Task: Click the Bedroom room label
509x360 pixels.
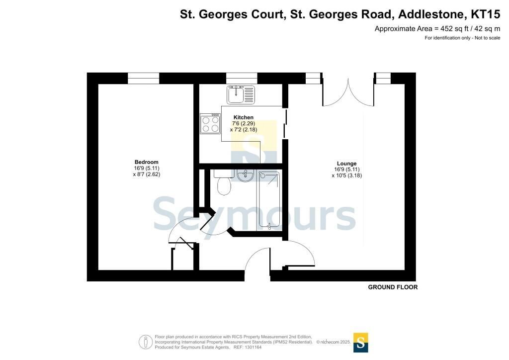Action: click(147, 162)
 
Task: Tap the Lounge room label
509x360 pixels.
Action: click(346, 164)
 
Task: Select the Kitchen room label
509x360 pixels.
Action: click(244, 117)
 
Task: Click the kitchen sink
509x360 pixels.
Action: click(241, 94)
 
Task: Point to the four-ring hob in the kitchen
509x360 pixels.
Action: click(210, 123)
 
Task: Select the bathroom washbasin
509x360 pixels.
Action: click(245, 176)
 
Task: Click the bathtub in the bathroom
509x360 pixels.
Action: click(268, 200)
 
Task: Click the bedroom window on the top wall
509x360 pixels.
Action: click(144, 78)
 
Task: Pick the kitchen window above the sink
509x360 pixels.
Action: click(242, 78)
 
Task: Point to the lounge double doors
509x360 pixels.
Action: click(348, 92)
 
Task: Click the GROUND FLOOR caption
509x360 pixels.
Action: click(393, 287)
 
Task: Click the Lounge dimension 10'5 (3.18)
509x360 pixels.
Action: click(346, 176)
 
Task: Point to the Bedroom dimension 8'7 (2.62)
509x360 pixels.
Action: click(147, 174)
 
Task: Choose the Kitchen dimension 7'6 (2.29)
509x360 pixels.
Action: click(244, 123)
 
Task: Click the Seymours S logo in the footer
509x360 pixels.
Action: click(360, 343)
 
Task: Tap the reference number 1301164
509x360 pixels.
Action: click(252, 348)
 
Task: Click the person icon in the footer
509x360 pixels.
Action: click(146, 342)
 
